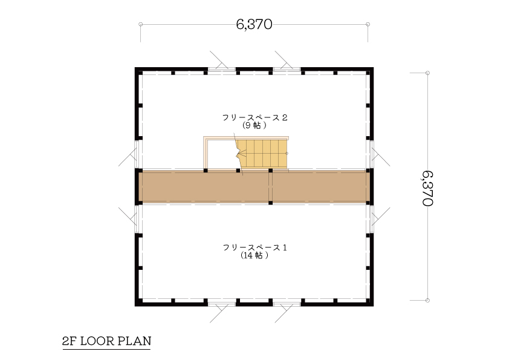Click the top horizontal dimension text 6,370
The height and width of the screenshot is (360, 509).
point(254,24)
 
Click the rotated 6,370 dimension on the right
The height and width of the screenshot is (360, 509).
point(428,188)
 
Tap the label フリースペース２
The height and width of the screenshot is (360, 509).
point(255,117)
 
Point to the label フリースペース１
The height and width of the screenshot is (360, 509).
point(255,247)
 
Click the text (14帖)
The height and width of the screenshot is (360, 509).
point(255,255)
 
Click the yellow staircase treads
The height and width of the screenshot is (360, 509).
point(262,154)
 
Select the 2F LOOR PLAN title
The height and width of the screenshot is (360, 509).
point(107,341)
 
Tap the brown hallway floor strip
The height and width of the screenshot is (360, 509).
point(254,187)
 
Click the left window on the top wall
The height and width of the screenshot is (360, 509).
point(222,69)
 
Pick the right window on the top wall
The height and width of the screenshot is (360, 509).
point(287,69)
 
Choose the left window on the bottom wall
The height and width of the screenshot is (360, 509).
point(222,304)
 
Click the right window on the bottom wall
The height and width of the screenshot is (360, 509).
point(287,304)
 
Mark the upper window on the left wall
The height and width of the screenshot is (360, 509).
point(137,154)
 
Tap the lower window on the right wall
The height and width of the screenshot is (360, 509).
point(371,219)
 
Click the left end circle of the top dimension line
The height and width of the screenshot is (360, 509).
point(141,24)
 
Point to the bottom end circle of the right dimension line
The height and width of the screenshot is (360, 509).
point(427,300)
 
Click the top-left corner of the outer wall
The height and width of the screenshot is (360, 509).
point(135,67)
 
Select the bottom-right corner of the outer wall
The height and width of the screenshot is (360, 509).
point(374,306)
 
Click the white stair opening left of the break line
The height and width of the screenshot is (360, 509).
point(221,154)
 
